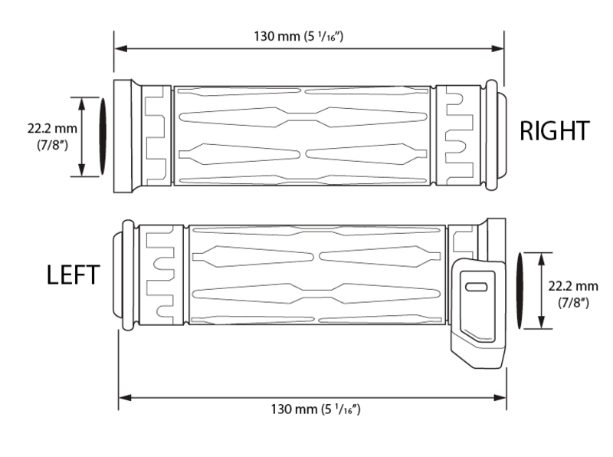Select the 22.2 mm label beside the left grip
point(573,284)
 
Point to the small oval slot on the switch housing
point(476,287)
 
